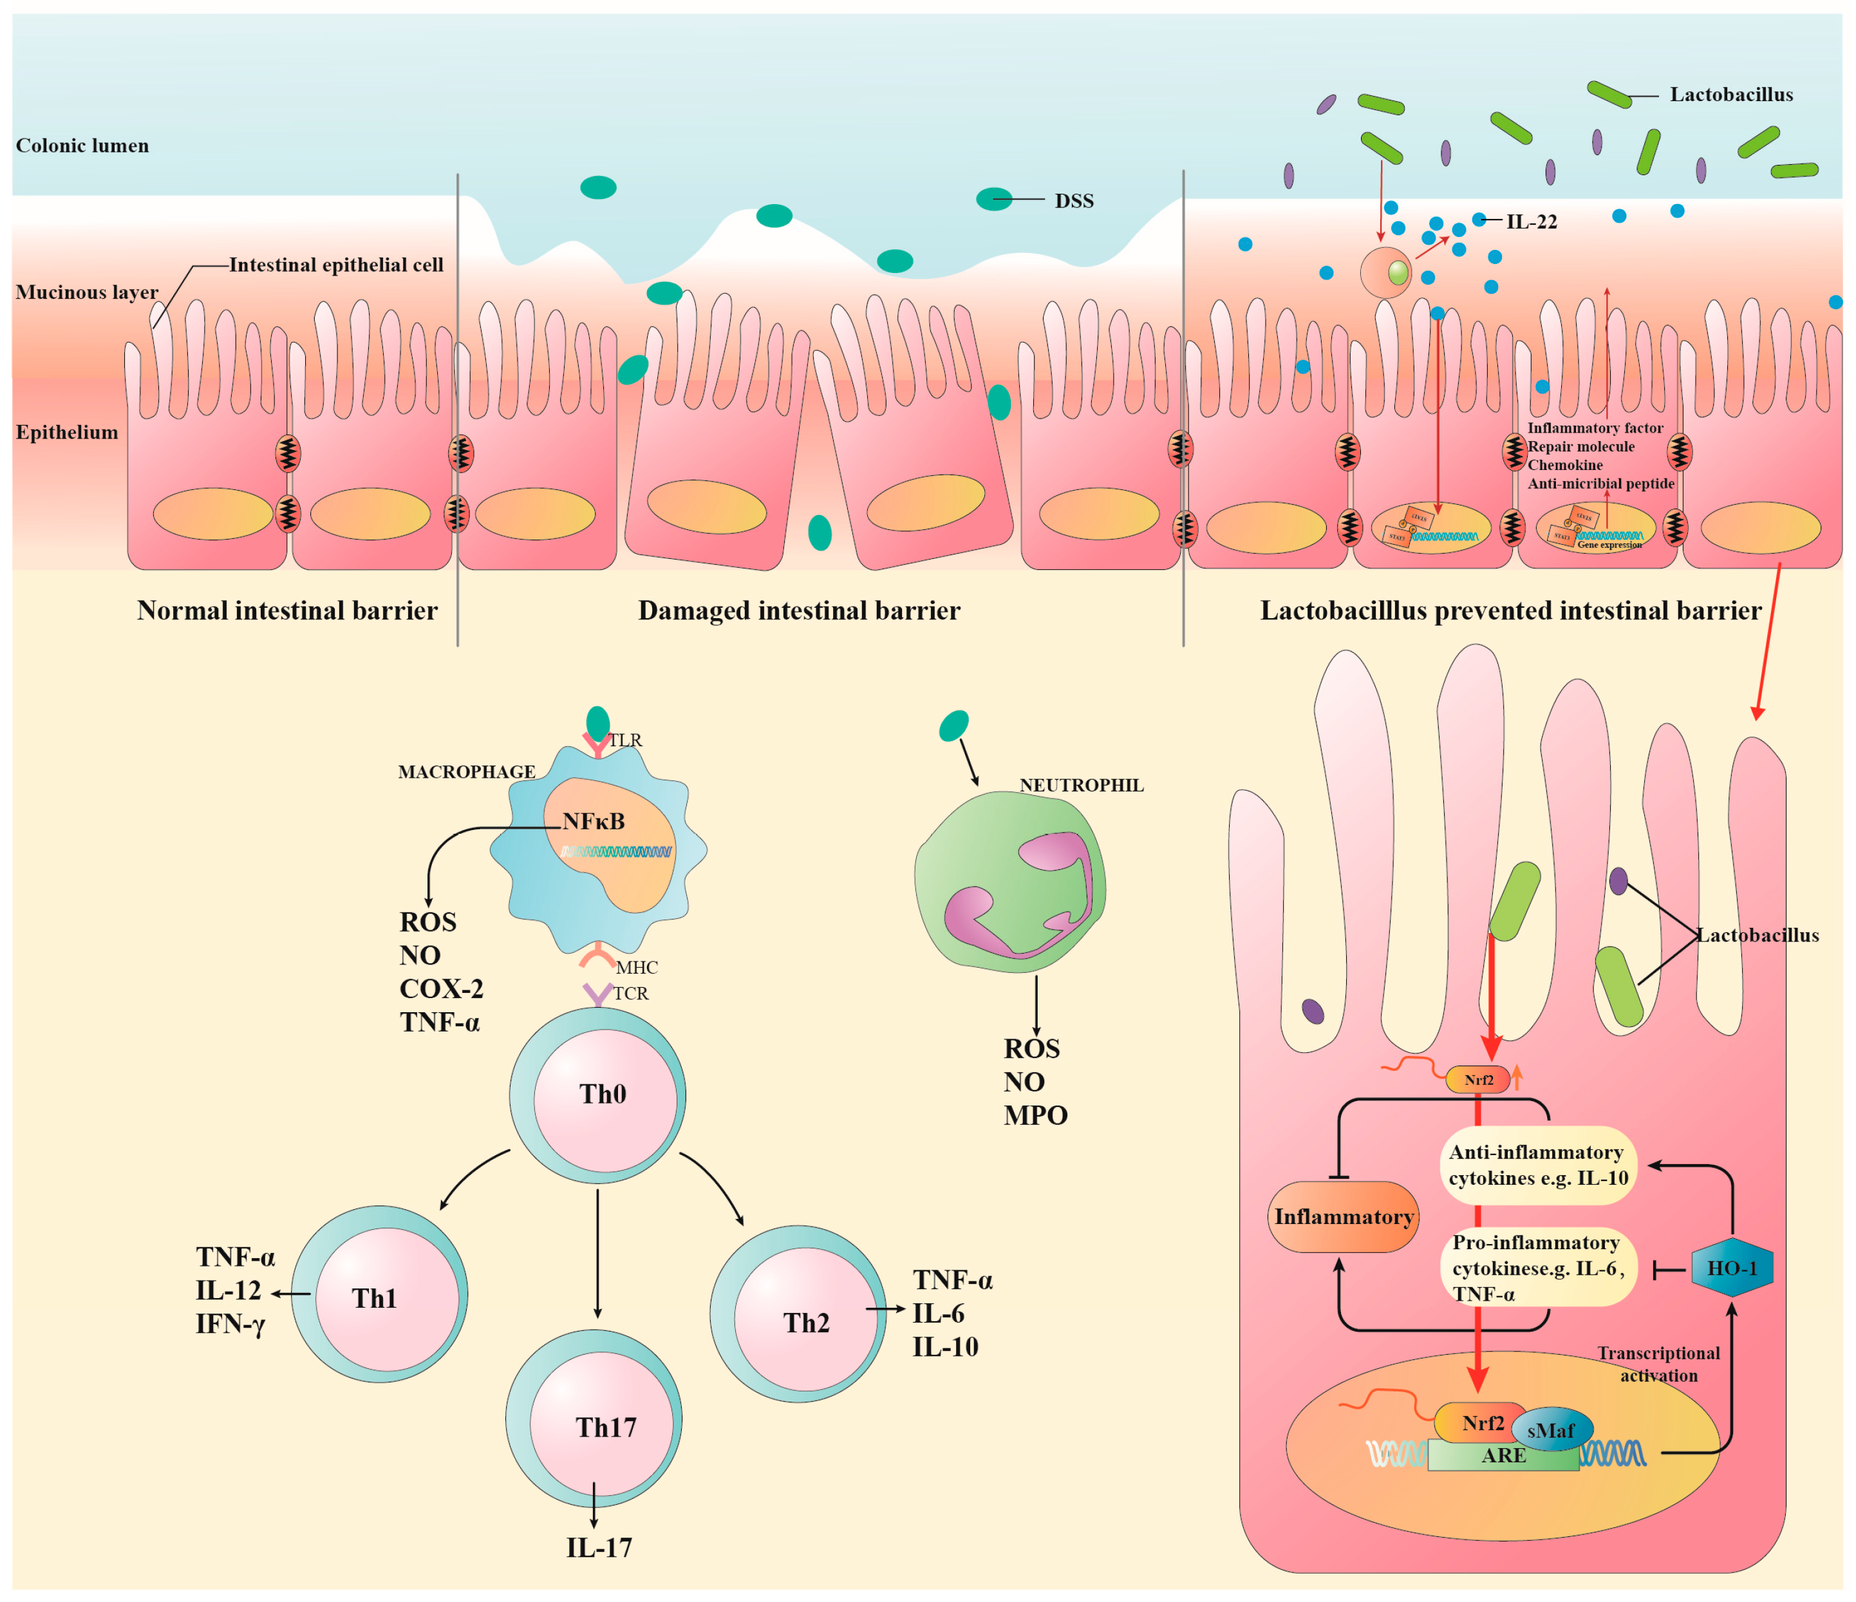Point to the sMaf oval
(x=1551, y=1430)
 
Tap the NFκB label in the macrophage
(x=593, y=822)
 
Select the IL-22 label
(x=1532, y=222)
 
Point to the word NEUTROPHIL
(x=1080, y=785)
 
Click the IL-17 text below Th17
(x=598, y=1547)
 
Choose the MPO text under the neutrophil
(x=1035, y=1115)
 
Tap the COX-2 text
(x=441, y=988)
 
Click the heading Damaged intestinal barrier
(x=798, y=611)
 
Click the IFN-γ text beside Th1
(x=231, y=1323)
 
